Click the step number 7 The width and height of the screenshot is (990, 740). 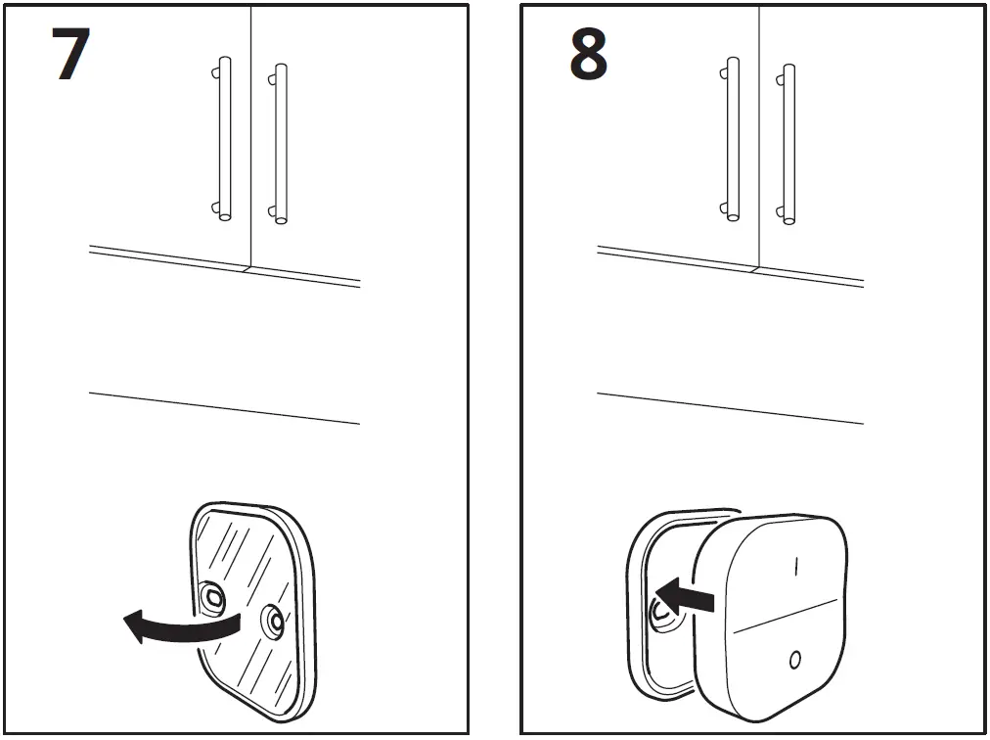tap(70, 55)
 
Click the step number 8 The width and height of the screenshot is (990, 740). tap(588, 55)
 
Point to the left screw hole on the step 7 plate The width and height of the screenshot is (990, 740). tap(213, 595)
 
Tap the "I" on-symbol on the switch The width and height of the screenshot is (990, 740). tap(796, 566)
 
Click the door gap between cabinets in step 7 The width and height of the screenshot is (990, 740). tap(251, 137)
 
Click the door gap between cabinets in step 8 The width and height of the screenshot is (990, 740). tap(759, 137)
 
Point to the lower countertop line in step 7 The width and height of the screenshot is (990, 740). tap(225, 408)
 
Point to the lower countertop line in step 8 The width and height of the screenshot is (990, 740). tap(730, 408)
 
